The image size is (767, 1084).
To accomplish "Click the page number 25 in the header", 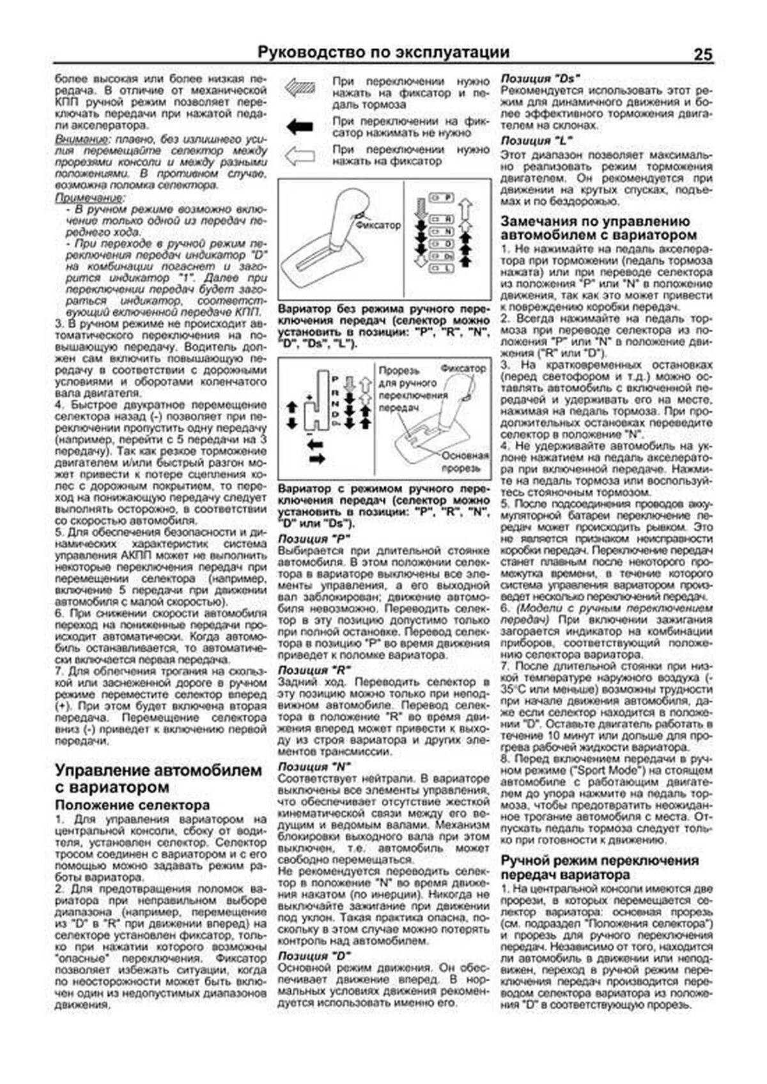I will click(702, 54).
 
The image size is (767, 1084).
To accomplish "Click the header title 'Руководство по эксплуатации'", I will click(383, 52).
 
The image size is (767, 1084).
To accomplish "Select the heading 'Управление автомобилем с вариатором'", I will click(159, 778).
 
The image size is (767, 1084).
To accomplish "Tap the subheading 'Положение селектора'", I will click(132, 805).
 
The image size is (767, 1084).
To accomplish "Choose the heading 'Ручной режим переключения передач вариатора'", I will click(600, 867).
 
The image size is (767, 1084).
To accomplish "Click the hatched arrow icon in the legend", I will click(300, 88).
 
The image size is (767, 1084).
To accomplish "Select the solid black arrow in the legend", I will click(300, 126).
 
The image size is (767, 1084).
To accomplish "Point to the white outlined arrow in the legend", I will click(300, 156).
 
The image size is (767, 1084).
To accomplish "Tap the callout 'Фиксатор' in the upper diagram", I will click(378, 225).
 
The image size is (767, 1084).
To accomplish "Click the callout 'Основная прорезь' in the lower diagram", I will click(464, 462).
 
